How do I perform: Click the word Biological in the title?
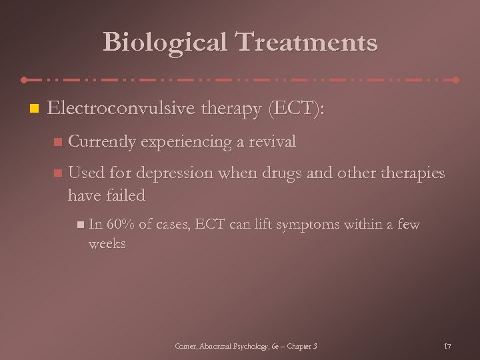click(x=164, y=43)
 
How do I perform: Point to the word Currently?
click(x=102, y=141)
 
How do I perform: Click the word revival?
click(x=272, y=141)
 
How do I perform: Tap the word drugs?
click(x=288, y=173)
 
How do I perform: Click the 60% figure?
click(x=119, y=225)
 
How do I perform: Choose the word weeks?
click(x=107, y=243)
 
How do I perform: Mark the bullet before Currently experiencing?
click(x=58, y=142)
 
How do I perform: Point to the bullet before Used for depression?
click(x=58, y=173)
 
